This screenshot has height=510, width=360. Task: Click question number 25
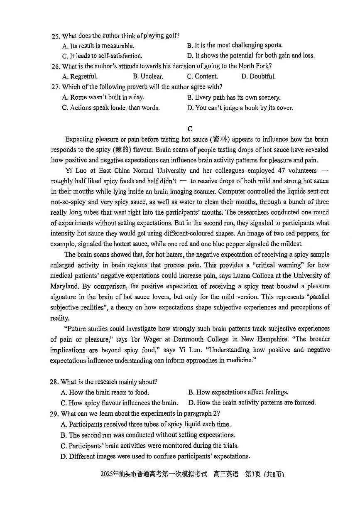point(56,36)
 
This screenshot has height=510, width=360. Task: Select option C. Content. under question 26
point(202,76)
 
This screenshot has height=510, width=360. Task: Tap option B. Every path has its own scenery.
point(233,98)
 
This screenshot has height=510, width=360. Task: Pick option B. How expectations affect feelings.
point(238,392)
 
